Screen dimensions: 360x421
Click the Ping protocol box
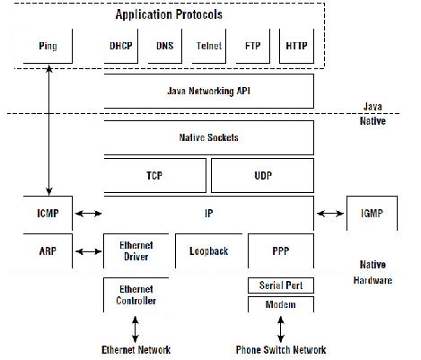coord(48,45)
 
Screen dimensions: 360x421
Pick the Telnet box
coord(209,45)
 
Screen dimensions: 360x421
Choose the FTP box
coord(252,45)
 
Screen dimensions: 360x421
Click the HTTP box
coord(295,45)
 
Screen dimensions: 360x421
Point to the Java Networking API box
coord(209,92)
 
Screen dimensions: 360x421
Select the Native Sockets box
coord(209,138)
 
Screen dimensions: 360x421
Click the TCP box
coord(155,176)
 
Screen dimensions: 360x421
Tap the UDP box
coord(263,176)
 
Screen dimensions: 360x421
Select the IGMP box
coord(369,215)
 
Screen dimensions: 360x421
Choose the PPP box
coord(280,253)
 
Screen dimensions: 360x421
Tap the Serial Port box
coord(280,285)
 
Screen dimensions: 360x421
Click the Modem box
coord(280,304)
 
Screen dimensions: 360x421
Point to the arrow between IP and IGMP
coord(329,215)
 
